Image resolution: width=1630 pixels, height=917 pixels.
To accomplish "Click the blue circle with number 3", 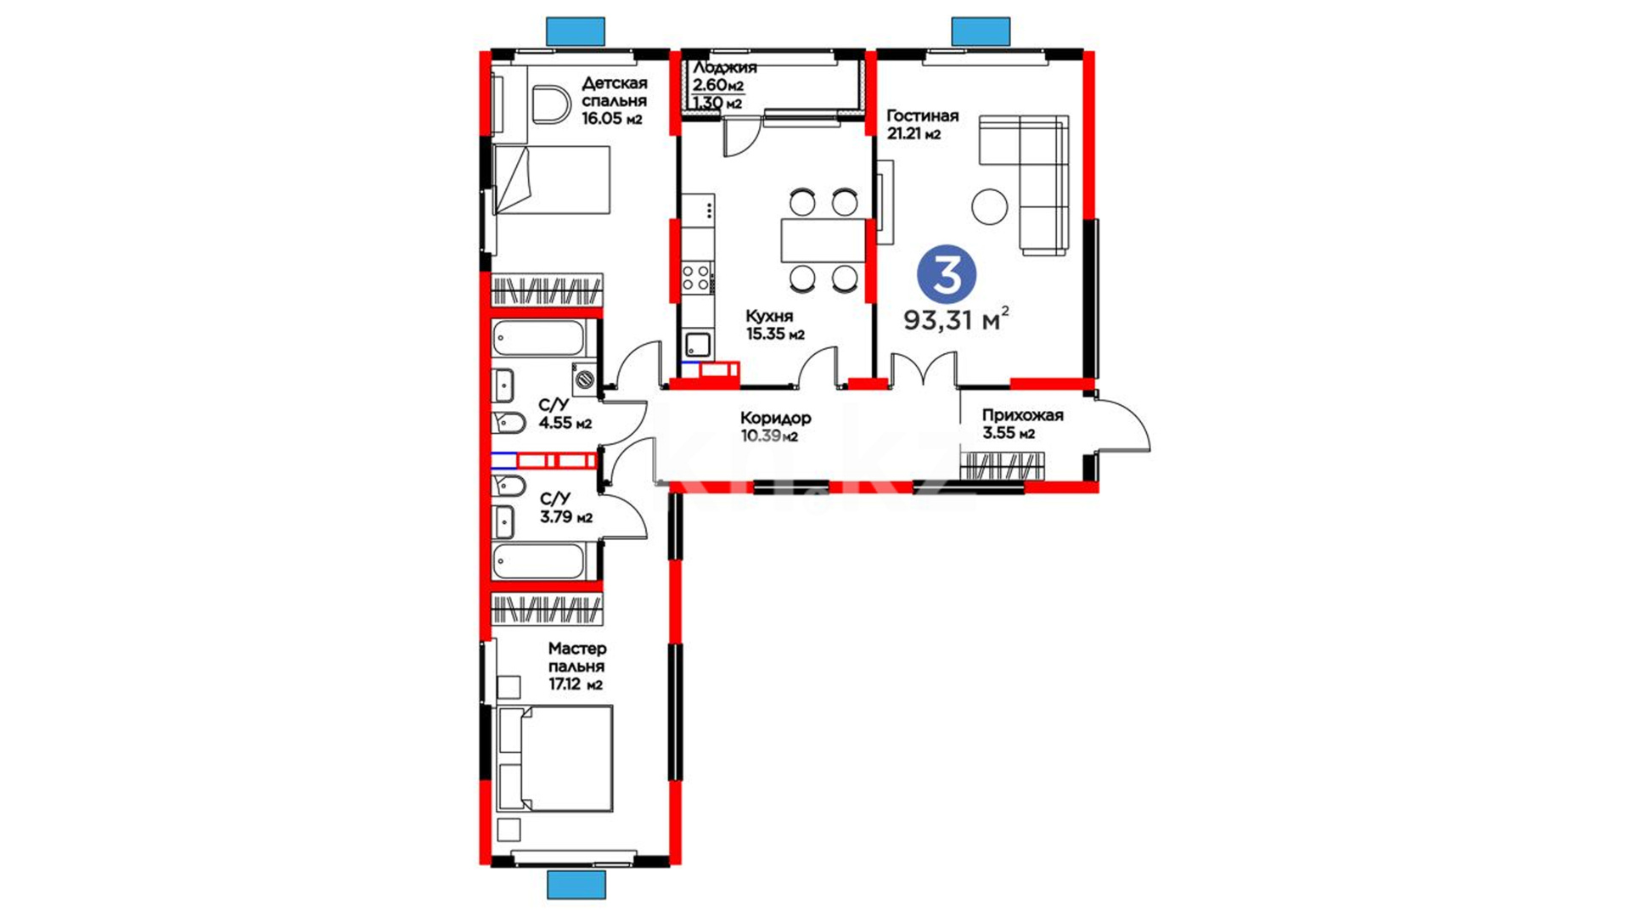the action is pos(947,274).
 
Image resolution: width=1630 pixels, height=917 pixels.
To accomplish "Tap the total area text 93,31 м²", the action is pos(956,319).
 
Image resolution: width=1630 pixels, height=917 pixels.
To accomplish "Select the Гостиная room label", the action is pos(923,115).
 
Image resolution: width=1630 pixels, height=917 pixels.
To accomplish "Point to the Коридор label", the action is pos(776,418).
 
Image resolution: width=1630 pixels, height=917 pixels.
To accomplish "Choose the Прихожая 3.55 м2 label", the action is pos(1022,424).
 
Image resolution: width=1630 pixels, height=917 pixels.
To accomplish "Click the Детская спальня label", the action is pos(615,92).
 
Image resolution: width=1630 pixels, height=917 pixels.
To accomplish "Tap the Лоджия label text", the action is pos(725,68).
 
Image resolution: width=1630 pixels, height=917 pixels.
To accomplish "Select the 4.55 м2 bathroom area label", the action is pos(565,423).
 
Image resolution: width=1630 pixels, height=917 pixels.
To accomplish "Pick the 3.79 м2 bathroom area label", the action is pos(566,517).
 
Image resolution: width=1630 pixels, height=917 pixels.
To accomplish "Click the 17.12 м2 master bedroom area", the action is pos(576,684).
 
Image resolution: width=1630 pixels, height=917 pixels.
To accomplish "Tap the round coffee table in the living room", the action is pos(989,206).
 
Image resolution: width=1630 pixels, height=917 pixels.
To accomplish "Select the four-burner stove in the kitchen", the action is pos(697,278).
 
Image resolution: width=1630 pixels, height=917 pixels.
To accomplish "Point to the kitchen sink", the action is pos(698,345).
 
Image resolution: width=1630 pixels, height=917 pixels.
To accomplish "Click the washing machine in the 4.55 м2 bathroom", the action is pos(584,379).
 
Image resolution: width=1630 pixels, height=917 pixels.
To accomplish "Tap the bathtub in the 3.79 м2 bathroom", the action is pos(538,561).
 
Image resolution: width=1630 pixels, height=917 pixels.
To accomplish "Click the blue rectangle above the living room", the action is pos(981,31).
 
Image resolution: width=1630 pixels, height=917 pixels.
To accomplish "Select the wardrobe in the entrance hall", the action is pos(1003,466).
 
